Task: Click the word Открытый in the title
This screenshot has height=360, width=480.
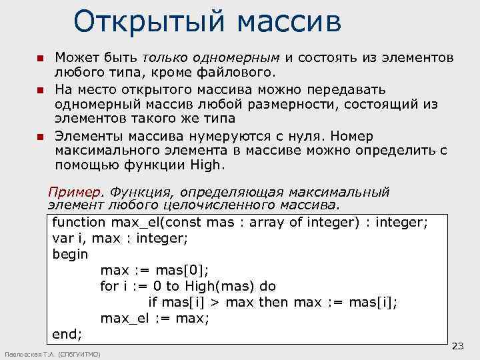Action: [x=140, y=21]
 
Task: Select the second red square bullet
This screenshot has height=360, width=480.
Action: [x=39, y=90]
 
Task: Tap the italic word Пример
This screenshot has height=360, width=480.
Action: [x=77, y=192]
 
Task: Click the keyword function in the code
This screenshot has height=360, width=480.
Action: [x=79, y=222]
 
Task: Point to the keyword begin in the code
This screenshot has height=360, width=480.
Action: [x=70, y=254]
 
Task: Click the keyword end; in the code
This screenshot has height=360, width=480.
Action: [x=67, y=333]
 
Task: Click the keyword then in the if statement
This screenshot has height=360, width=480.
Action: [x=273, y=302]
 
